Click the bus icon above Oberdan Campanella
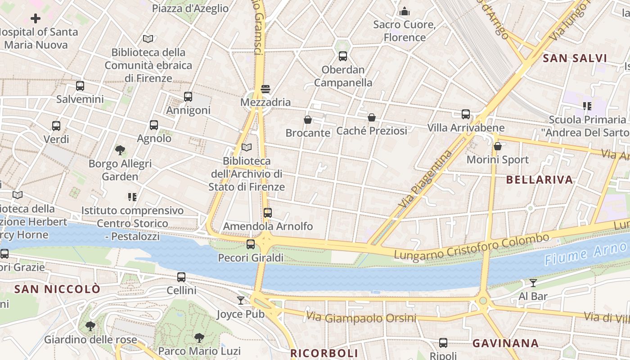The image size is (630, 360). point(343,56)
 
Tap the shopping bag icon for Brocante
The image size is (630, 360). point(308,120)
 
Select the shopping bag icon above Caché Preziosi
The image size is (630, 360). point(372,117)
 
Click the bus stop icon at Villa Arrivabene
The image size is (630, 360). point(466,114)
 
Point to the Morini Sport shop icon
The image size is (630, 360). point(498,146)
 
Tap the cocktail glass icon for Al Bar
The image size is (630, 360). point(533,283)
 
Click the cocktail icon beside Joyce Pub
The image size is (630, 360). point(241,301)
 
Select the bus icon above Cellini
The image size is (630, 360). point(181,277)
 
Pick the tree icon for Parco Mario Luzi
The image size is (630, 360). point(199,337)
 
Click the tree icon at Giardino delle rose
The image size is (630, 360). point(90,326)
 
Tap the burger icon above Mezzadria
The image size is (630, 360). point(265,89)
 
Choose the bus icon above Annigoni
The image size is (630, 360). point(188,96)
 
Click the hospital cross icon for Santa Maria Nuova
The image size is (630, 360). point(36,18)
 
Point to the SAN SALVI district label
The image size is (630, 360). point(575,58)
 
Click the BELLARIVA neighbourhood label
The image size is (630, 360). point(540,180)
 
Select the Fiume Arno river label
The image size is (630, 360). point(585,253)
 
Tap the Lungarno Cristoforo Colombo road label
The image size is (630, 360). point(471,247)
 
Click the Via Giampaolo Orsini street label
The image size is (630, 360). point(361,318)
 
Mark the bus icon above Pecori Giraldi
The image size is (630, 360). point(251,244)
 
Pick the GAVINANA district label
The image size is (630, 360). point(505,343)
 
